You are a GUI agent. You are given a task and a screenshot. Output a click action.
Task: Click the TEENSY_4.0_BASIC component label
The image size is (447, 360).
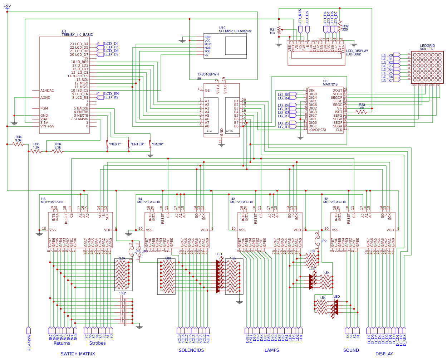click(77, 35)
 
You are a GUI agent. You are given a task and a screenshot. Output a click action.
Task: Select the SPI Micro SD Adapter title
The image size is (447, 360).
click(235, 31)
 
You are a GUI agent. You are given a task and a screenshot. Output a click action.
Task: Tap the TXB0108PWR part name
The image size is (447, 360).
click(208, 74)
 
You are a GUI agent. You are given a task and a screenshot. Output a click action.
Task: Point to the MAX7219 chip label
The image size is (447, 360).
click(330, 84)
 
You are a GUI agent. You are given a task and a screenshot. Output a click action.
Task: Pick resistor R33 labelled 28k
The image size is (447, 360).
click(362, 112)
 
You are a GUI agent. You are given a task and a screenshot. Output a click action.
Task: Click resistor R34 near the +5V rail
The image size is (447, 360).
click(18, 144)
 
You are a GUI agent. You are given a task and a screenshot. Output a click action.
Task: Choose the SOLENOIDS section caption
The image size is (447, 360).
click(191, 350)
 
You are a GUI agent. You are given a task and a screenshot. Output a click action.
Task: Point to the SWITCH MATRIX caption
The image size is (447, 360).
click(78, 354)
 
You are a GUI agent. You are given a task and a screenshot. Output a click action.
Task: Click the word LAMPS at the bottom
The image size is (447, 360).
click(271, 350)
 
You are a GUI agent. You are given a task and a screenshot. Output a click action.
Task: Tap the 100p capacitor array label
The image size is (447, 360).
click(122, 293)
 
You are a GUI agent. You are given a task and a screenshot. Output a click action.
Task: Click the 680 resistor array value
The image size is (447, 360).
click(168, 258)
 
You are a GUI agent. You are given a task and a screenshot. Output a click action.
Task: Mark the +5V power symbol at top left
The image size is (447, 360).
click(7, 6)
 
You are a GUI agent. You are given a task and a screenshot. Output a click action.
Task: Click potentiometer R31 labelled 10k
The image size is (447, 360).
click(279, 30)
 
